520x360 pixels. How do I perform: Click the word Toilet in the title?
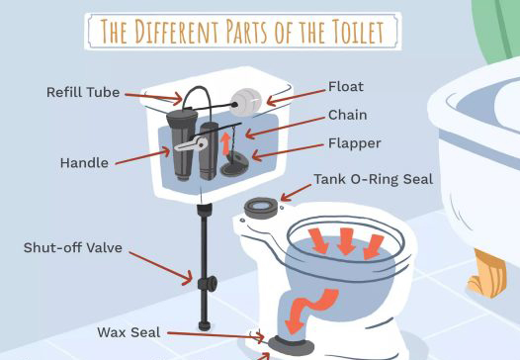pyautogui.click(x=358, y=32)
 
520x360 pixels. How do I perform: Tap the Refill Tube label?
pyautogui.click(x=83, y=92)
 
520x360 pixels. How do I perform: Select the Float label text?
pyautogui.click(x=346, y=87)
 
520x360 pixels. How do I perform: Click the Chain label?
pyautogui.click(x=348, y=115)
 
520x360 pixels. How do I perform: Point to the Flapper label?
pyautogui.click(x=355, y=143)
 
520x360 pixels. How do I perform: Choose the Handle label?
pyautogui.click(x=84, y=163)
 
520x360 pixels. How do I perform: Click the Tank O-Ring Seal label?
pyautogui.click(x=374, y=179)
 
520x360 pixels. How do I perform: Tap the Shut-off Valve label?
pyautogui.click(x=72, y=248)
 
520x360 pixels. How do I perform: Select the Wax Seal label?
pyautogui.click(x=129, y=332)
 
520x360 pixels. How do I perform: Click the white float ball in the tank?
pyautogui.click(x=246, y=102)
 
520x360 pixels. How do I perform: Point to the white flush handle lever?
pyautogui.click(x=191, y=144)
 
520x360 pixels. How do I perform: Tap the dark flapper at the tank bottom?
pyautogui.click(x=234, y=164)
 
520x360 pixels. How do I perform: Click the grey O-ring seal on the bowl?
pyautogui.click(x=261, y=208)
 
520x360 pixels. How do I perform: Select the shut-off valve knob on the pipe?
pyautogui.click(x=209, y=284)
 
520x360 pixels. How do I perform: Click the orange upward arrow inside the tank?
pyautogui.click(x=225, y=143)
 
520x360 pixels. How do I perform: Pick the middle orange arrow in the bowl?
pyautogui.click(x=346, y=241)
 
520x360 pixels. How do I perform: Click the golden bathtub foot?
pyautogui.click(x=487, y=274)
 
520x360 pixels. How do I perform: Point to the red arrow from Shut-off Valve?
pyautogui.click(x=161, y=268)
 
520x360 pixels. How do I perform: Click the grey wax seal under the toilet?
pyautogui.click(x=291, y=345)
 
